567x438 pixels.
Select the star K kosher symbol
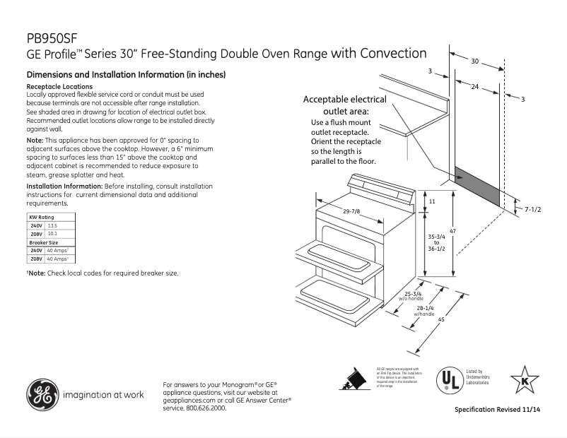coord(524,379)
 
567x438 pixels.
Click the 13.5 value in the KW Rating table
coord(52,225)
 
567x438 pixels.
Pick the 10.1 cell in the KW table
coord(52,233)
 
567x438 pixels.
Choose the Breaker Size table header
coord(43,242)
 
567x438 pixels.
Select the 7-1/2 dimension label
coord(534,209)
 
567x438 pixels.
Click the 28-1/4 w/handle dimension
coord(426,310)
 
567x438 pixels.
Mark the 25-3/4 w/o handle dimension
coord(412,295)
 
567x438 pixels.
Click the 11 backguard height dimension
coord(432,202)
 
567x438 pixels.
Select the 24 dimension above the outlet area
coord(475,86)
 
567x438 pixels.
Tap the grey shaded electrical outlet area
coord(478,187)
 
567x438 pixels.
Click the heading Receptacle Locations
coord(59,86)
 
